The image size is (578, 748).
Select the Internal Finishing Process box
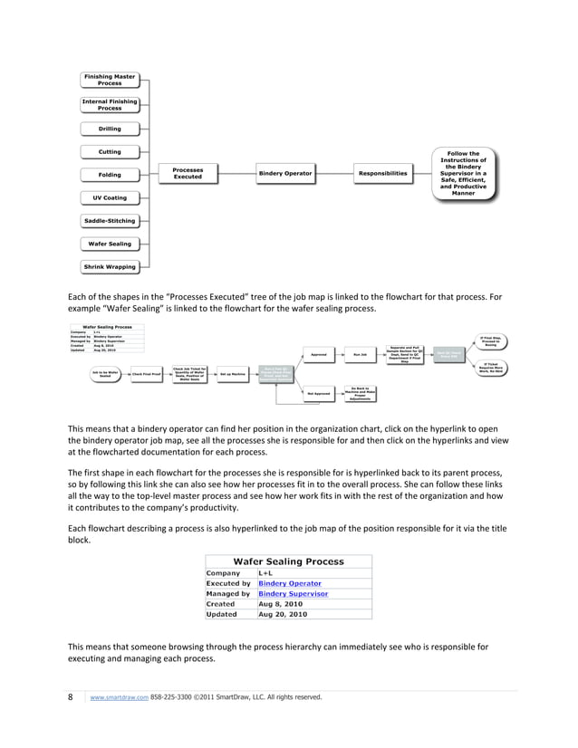[110, 105]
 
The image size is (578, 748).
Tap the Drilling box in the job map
[110, 129]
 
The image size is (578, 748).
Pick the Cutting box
[110, 151]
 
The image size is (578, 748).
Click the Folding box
[110, 174]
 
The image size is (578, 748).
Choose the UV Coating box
[110, 197]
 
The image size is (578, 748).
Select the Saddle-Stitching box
[110, 221]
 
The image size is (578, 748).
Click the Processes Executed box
[188, 173]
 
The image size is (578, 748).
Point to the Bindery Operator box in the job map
[285, 173]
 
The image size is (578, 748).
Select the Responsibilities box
[382, 173]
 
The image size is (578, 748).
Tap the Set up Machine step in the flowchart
[233, 373]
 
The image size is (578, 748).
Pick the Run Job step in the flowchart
[359, 354]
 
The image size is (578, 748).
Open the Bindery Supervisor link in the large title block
[293, 594]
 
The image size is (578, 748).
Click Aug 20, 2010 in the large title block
[283, 614]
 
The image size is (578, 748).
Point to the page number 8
[71, 697]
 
